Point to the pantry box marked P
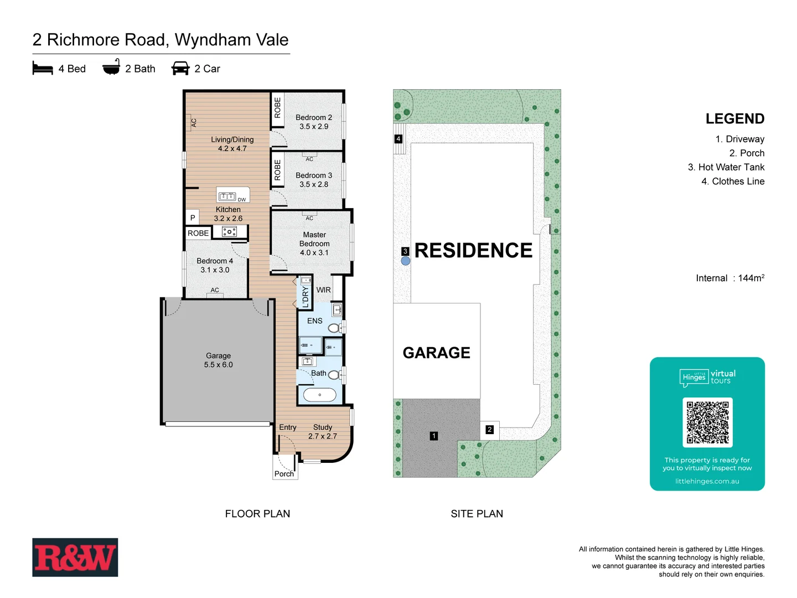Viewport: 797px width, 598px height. point(193,218)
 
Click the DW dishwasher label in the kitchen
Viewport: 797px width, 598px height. point(242,199)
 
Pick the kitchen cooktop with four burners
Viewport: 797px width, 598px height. point(229,232)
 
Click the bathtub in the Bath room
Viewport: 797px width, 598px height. point(319,395)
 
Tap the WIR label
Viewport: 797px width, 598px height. point(323,290)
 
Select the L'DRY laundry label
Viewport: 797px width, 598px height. point(306,296)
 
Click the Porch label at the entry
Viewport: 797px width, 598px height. point(284,474)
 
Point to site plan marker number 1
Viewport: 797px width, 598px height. point(434,436)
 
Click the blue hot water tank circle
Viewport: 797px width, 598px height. point(406,261)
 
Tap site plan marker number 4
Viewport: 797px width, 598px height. point(398,139)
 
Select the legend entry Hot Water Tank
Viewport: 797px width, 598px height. point(726,167)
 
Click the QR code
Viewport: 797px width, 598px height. point(707,422)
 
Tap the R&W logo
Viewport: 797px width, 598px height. point(75,558)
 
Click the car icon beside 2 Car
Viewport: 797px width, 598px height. point(180,68)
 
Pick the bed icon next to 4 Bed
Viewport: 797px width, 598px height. point(43,68)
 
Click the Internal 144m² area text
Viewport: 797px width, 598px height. point(729,278)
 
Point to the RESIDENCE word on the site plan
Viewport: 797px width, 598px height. point(473,250)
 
